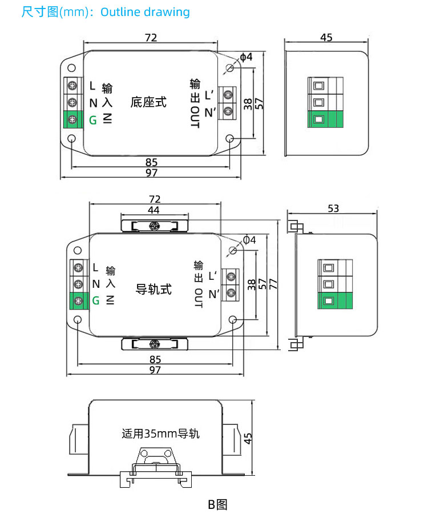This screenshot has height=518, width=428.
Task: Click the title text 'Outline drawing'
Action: coord(145,12)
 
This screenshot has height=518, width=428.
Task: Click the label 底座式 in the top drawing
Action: coord(148,102)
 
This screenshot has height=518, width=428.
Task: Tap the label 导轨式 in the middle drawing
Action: coord(154,290)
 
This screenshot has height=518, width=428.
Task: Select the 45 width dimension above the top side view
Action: coord(326,38)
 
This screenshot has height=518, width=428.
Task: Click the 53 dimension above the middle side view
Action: coord(334,208)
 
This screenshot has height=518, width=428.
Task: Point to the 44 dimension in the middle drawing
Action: coord(154,211)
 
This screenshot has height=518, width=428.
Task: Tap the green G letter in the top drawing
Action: coord(93,120)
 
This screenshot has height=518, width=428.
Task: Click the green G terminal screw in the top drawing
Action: coord(73,119)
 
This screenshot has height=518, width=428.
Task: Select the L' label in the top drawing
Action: coord(209,94)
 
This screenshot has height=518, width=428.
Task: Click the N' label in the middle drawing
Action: coord(214,294)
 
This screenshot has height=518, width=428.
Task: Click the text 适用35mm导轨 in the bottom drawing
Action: coord(160,433)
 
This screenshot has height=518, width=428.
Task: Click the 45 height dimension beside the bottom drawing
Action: coord(248,437)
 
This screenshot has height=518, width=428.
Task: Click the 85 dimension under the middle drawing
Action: coord(155,360)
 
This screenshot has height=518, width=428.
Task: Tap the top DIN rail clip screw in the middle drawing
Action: coord(154,226)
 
